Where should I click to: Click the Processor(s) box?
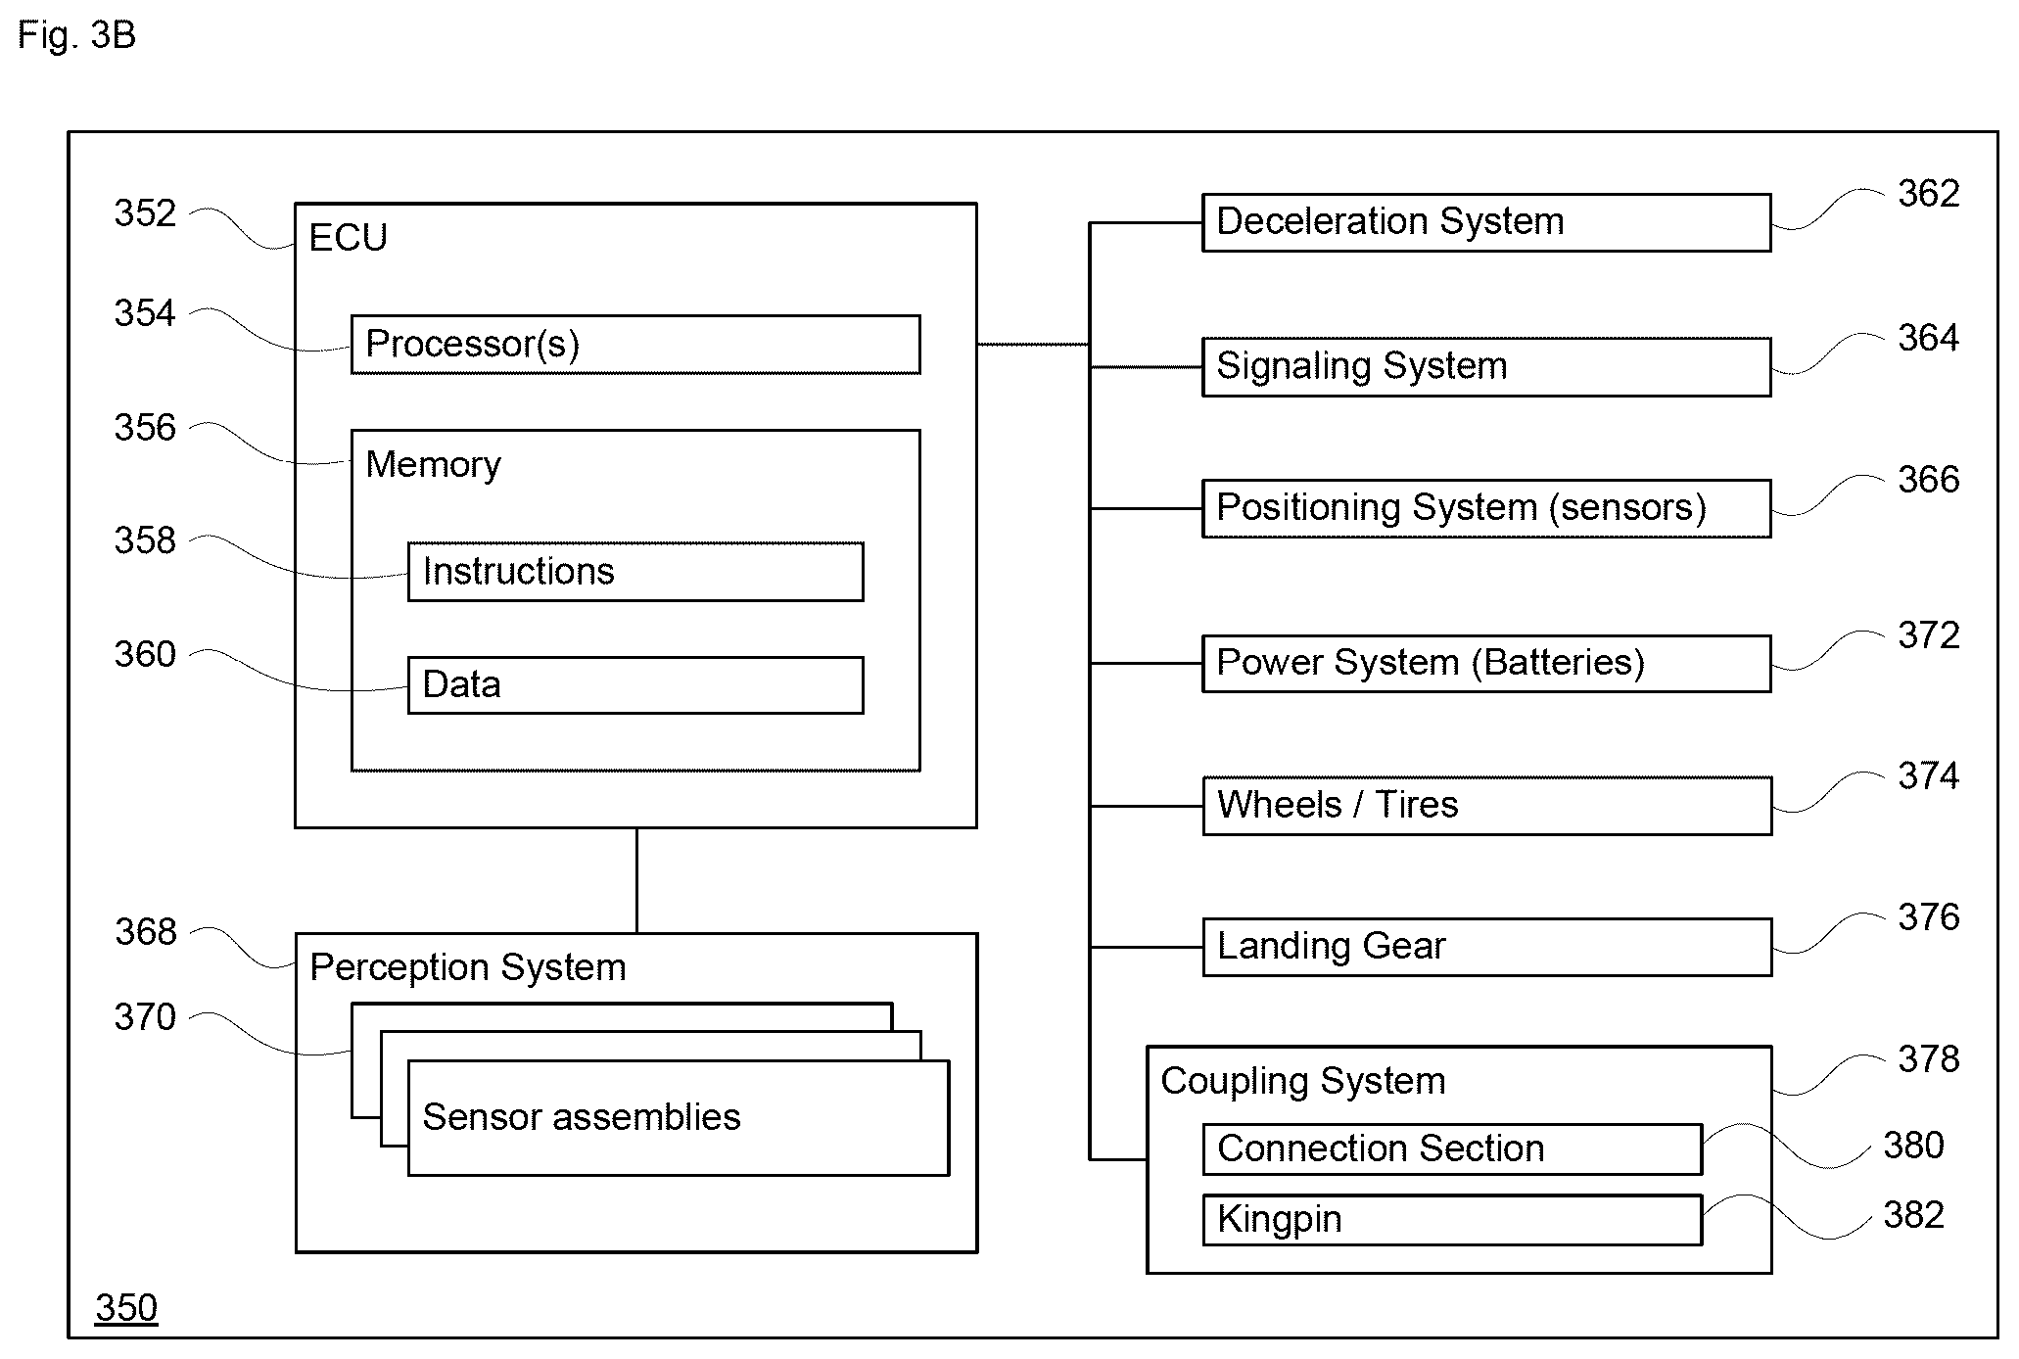pyautogui.click(x=635, y=345)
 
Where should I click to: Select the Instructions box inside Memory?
pyautogui.click(x=635, y=572)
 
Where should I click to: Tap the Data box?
pyautogui.click(x=635, y=685)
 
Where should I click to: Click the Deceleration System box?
pyautogui.click(x=1486, y=223)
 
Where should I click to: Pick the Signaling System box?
pyautogui.click(x=1486, y=367)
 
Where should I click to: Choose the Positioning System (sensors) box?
pyautogui.click(x=1486, y=508)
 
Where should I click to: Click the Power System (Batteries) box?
pyautogui.click(x=1486, y=664)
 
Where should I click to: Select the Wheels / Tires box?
pyautogui.click(x=1487, y=806)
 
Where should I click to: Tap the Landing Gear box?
pyautogui.click(x=1487, y=947)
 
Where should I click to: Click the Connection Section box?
pyautogui.click(x=1453, y=1149)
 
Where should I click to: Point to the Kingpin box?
pyautogui.click(x=1453, y=1220)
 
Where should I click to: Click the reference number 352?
pyautogui.click(x=145, y=213)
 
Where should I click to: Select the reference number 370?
pyautogui.click(x=145, y=1017)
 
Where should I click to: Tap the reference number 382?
pyautogui.click(x=1913, y=1215)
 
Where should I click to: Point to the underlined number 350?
pyautogui.click(x=126, y=1308)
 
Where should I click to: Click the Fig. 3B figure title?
pyautogui.click(x=76, y=36)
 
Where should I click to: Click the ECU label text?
pyautogui.click(x=348, y=238)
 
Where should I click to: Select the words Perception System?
pyautogui.click(x=468, y=967)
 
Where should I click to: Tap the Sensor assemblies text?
pyautogui.click(x=582, y=1117)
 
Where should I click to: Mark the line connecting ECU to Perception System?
pyautogui.click(x=636, y=881)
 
